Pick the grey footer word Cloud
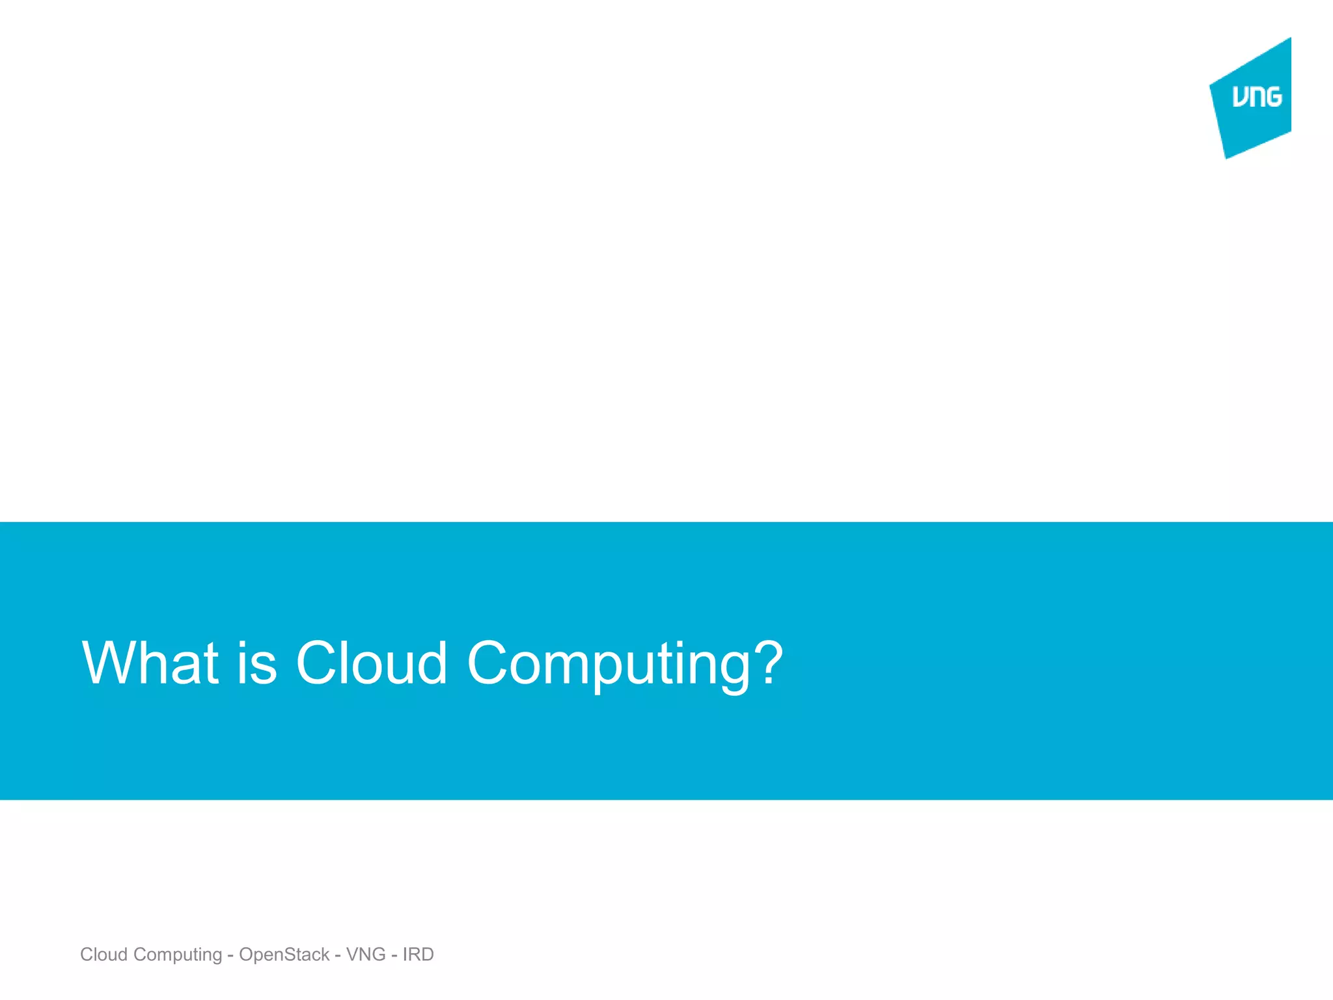pyautogui.click(x=103, y=954)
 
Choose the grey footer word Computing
pyautogui.click(x=178, y=955)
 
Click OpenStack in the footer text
pyautogui.click(x=284, y=955)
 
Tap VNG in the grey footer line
pyautogui.click(x=366, y=954)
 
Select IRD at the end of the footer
pyautogui.click(x=418, y=954)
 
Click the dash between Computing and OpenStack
pyautogui.click(x=230, y=956)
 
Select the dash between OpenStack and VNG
pyautogui.click(x=338, y=956)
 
